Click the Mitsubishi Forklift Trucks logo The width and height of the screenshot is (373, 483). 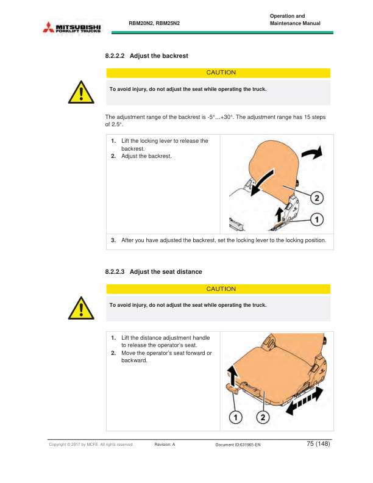pos(72,27)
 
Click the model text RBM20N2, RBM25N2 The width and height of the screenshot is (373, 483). pos(154,23)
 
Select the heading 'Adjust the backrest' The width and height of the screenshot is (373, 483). pos(159,55)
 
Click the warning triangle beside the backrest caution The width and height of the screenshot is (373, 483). pos(81,93)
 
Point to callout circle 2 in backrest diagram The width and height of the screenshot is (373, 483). pos(317,198)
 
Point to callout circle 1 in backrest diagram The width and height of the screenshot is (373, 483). pos(317,220)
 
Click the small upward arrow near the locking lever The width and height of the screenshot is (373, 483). pos(279,215)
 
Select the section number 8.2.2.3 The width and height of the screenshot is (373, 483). pos(115,272)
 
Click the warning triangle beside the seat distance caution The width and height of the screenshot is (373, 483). pos(81,309)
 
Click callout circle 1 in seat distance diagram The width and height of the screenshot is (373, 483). pos(235,417)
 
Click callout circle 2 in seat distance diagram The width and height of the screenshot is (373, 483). pos(263,417)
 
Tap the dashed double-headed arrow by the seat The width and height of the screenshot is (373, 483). pos(305,401)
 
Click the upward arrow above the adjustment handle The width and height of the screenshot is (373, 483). pos(233,375)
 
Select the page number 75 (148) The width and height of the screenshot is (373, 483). pos(318,443)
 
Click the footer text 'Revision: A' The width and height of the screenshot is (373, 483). pos(165,445)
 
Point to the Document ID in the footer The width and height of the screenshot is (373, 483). pos(238,445)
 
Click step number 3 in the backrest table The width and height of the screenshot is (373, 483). pos(113,240)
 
